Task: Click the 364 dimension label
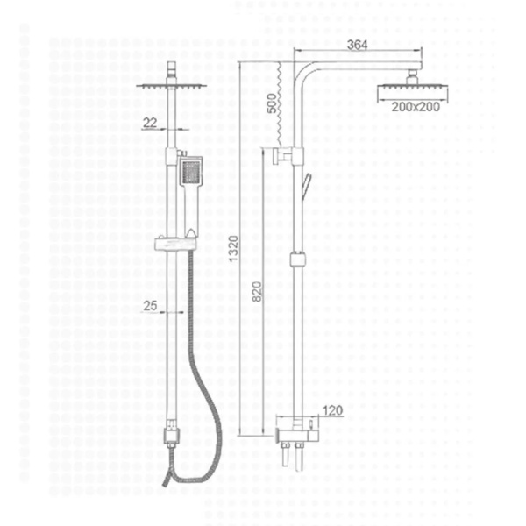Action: tap(358, 45)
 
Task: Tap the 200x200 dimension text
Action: tap(416, 107)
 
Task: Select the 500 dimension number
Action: tap(273, 103)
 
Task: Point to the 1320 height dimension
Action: tap(233, 249)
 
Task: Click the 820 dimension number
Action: tap(257, 292)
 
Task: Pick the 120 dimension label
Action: tap(332, 410)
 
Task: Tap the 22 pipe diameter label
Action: tap(150, 123)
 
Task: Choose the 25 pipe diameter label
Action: tap(150, 306)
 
